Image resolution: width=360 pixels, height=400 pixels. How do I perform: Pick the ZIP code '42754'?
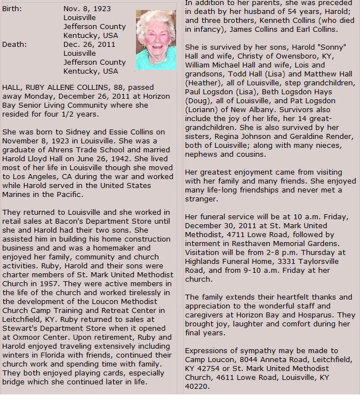(213, 369)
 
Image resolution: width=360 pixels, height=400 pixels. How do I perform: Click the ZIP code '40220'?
(197, 387)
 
